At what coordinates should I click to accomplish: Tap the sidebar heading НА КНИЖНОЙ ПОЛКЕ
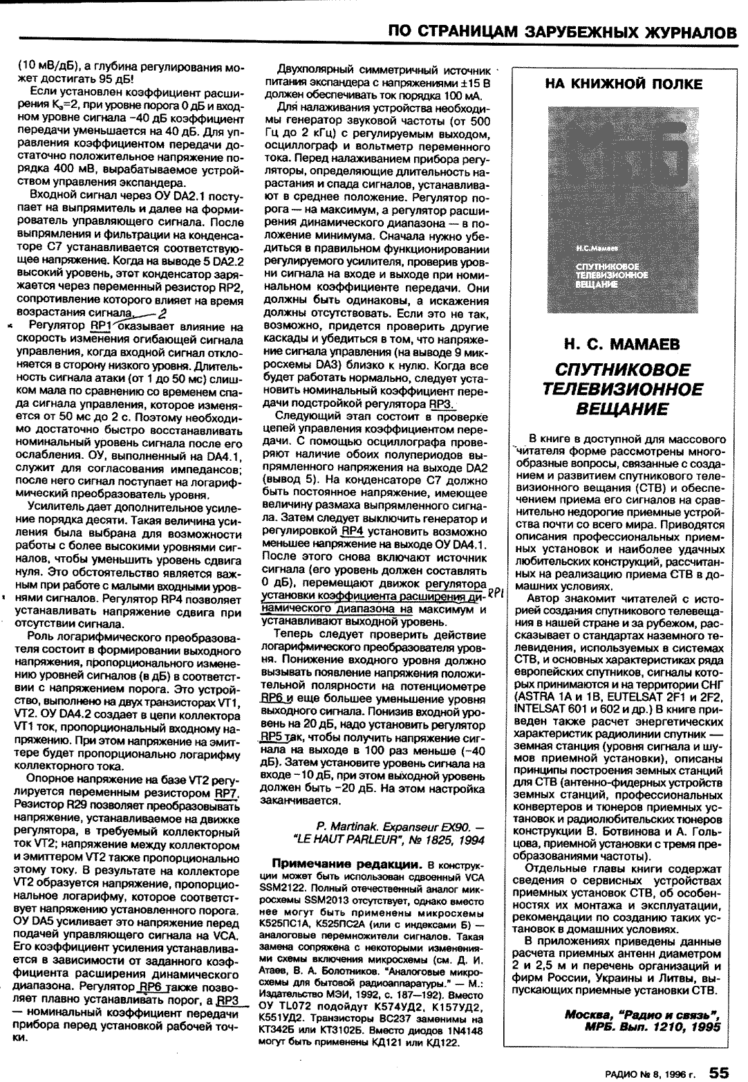(x=624, y=84)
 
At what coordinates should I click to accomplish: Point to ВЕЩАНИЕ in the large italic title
(x=623, y=409)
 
